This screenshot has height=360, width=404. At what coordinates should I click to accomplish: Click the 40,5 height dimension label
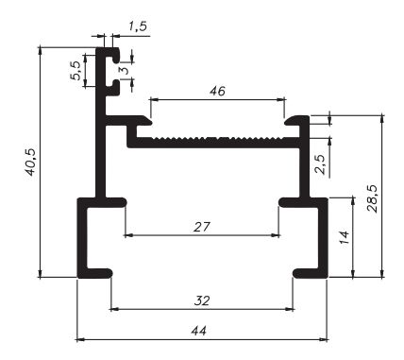[31, 163]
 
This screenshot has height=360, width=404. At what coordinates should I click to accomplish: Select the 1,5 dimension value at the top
[138, 26]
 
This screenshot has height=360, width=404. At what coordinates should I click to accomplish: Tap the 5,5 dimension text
[76, 71]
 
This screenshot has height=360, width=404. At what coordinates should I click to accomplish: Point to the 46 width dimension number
[217, 91]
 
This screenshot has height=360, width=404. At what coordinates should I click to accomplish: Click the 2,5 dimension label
[321, 164]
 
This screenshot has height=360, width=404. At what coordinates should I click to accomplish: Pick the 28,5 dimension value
[373, 199]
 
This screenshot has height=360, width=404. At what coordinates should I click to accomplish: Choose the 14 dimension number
[345, 237]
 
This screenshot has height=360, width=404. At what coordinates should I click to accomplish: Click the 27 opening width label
[202, 227]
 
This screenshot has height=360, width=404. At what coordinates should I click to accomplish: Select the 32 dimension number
[202, 300]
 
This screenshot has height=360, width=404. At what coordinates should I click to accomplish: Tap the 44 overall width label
[199, 331]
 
